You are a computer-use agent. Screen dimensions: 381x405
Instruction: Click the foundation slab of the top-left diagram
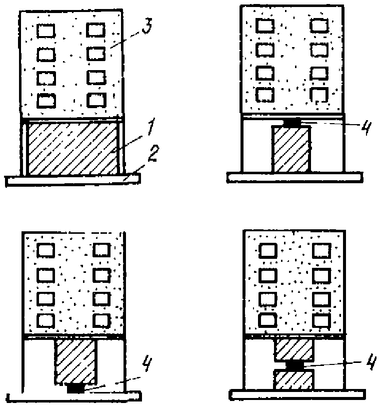point(72,180)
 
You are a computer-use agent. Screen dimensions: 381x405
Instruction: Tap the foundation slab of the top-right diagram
point(294,177)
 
